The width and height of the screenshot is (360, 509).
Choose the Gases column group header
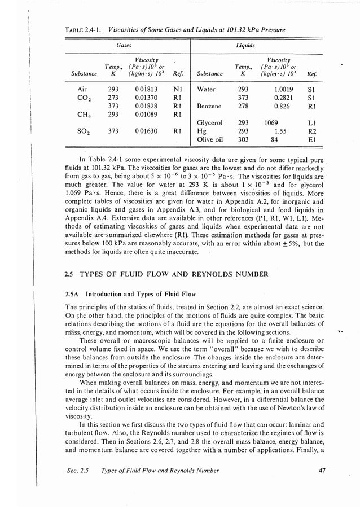pyautogui.click(x=124, y=43)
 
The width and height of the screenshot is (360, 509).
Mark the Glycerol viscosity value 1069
pyautogui.click(x=274, y=122)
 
